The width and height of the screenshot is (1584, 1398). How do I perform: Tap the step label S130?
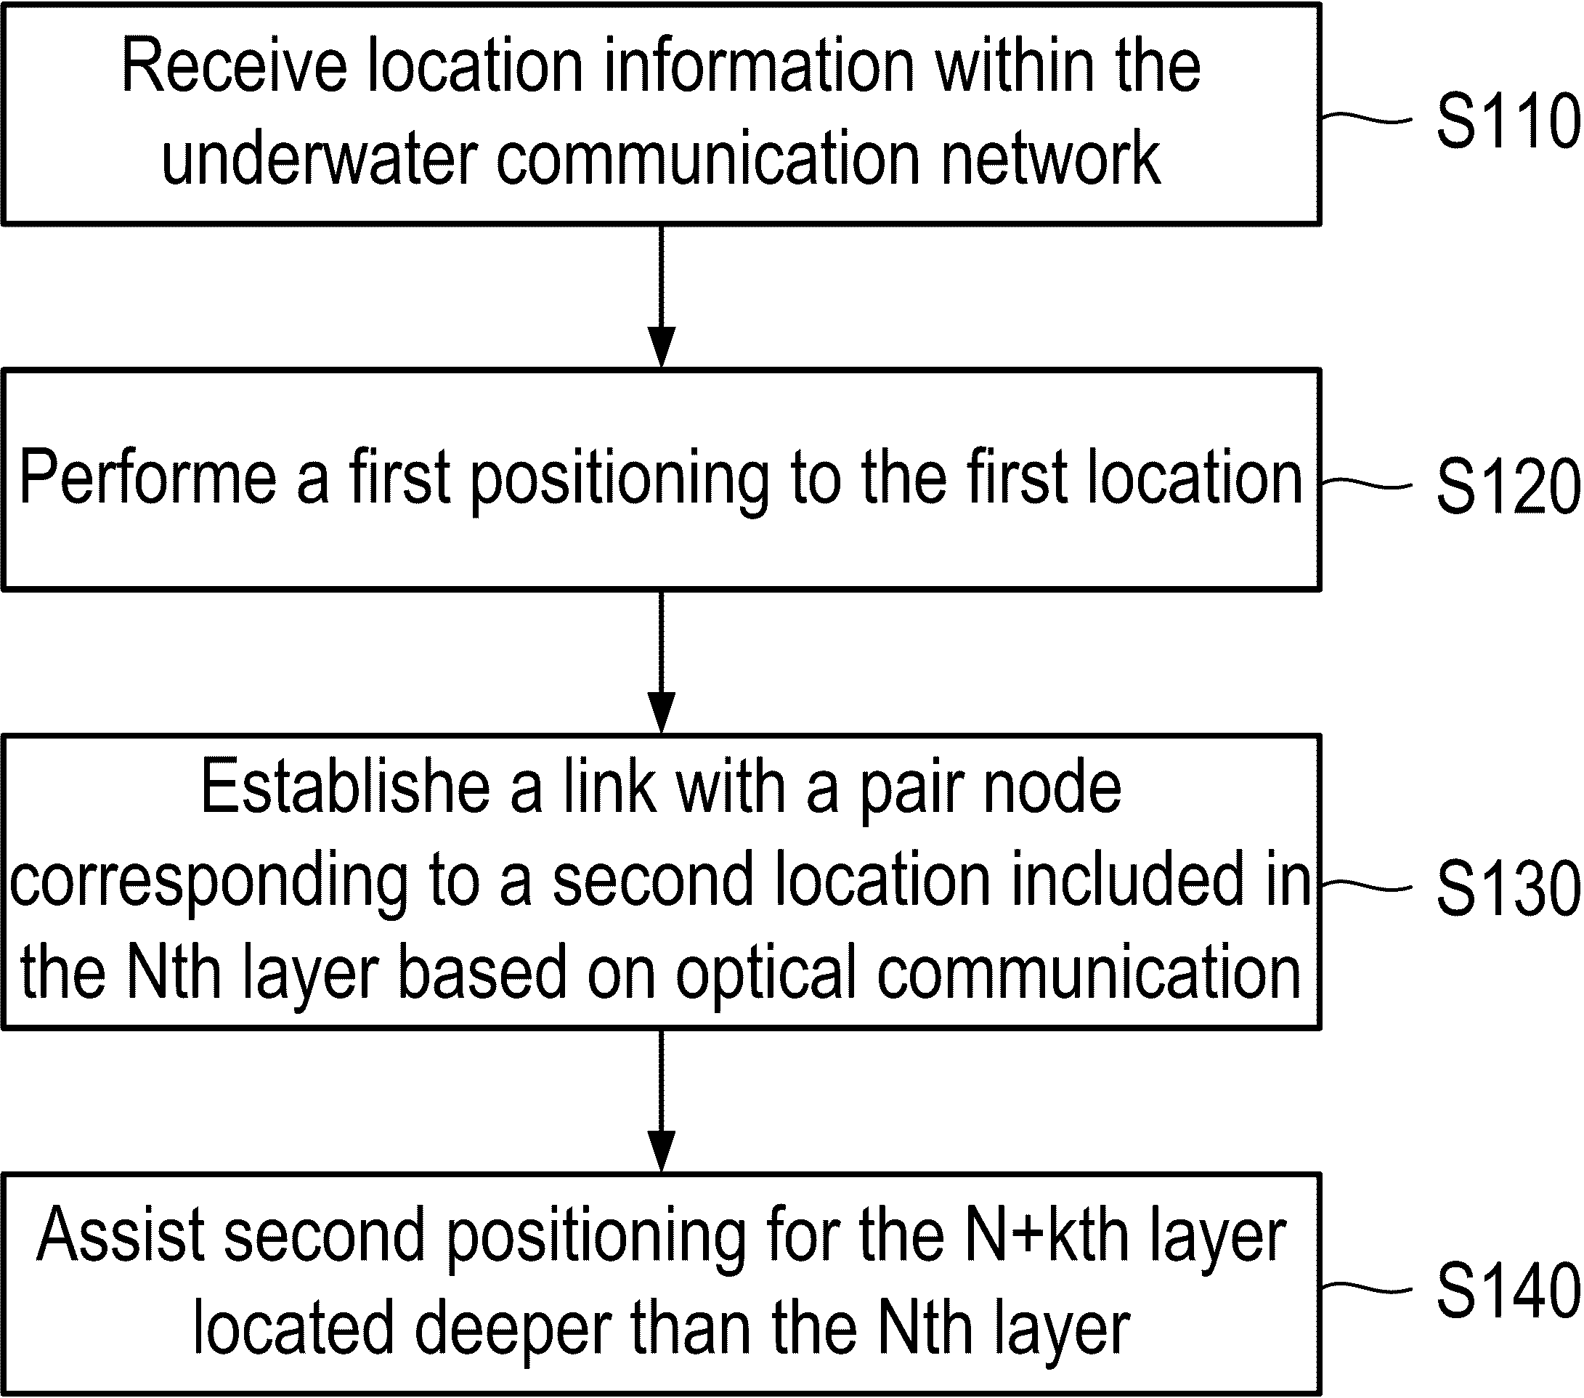[x=1507, y=887]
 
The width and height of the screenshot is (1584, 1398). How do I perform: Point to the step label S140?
[x=1507, y=1290]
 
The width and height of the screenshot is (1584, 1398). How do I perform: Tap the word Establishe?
[x=346, y=787]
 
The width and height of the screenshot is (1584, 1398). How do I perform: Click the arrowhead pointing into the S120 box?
[x=661, y=347]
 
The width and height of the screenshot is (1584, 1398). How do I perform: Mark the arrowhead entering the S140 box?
[x=661, y=1153]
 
